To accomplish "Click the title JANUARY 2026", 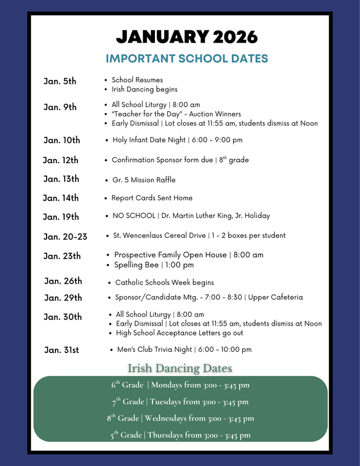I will pyautogui.click(x=186, y=37).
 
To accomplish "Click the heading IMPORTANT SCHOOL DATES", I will pyautogui.click(x=186, y=58).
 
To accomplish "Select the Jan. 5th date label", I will pyautogui.click(x=60, y=81).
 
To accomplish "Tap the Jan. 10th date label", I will pyautogui.click(x=62, y=140).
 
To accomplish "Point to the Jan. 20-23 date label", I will pyautogui.click(x=65, y=236).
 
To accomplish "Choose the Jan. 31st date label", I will pyautogui.click(x=62, y=350).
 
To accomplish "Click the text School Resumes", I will pyautogui.click(x=137, y=80).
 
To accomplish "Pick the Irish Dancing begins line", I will pyautogui.click(x=144, y=90).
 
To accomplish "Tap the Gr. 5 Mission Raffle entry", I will pyautogui.click(x=144, y=179).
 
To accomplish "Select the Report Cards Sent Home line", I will pyautogui.click(x=151, y=198).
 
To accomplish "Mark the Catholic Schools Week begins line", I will pyautogui.click(x=164, y=283).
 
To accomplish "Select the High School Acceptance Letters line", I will pyautogui.click(x=179, y=333).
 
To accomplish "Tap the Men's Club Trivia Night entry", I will pyautogui.click(x=184, y=349).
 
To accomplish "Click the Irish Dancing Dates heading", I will pyautogui.click(x=180, y=369).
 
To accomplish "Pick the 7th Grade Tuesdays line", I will pyautogui.click(x=180, y=401).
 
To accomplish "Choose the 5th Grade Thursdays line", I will pyautogui.click(x=180, y=435).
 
